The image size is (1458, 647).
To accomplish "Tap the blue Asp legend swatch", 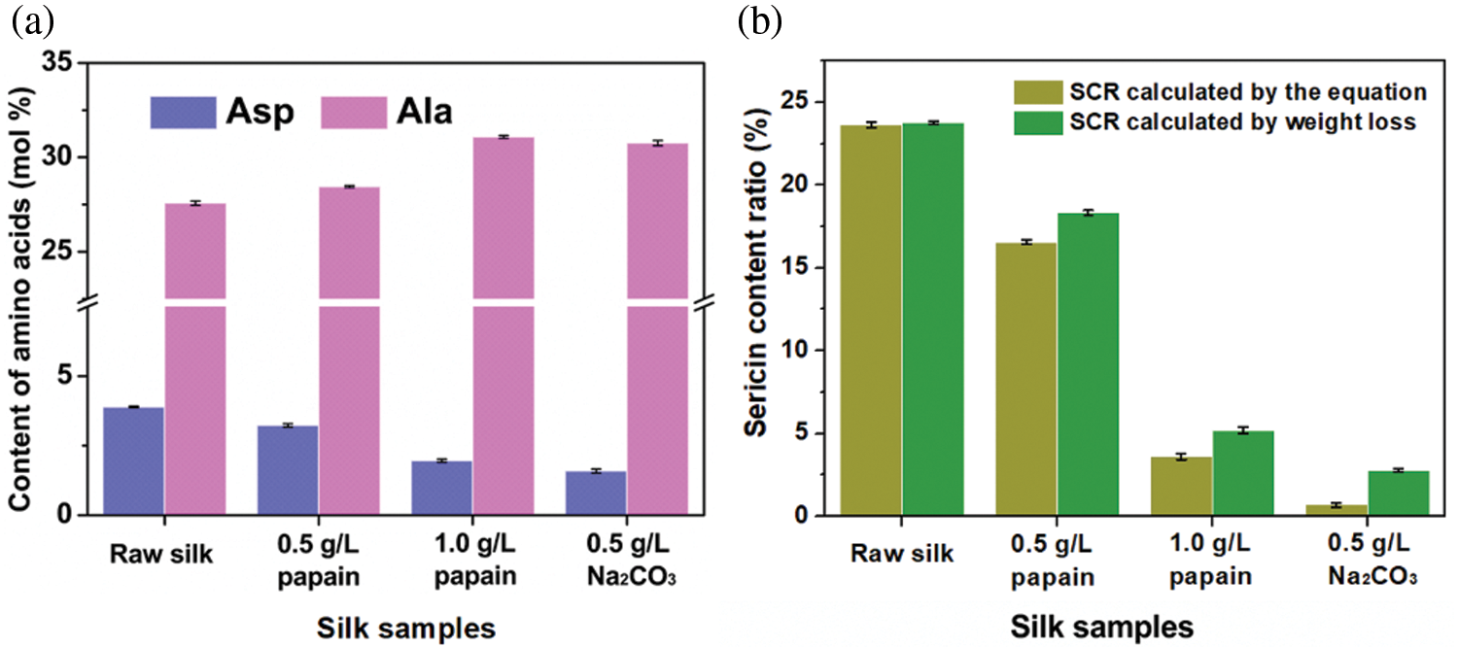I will click(x=182, y=112).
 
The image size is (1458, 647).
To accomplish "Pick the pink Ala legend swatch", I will click(x=351, y=112).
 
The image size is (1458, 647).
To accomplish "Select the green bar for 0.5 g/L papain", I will click(x=1089, y=363).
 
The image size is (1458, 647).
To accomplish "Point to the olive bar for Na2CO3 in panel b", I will click(x=1336, y=510).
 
